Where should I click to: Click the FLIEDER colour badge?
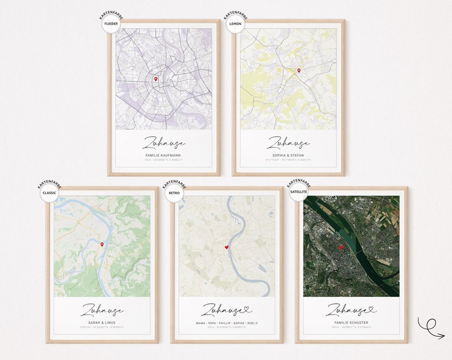[x=111, y=24]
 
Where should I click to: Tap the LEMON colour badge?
[x=235, y=24]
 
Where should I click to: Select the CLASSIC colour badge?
[x=50, y=192]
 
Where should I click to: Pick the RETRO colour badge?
[x=174, y=192]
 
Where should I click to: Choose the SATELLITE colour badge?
[x=298, y=192]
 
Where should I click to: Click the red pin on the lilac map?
[x=155, y=79]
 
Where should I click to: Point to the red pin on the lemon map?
[x=298, y=71]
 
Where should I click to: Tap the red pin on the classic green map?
[x=102, y=244]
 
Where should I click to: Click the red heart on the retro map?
[x=227, y=247]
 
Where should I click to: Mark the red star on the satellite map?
[x=341, y=248]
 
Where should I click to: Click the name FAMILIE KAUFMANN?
[x=163, y=155]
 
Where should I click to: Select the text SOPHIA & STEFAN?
[x=288, y=155]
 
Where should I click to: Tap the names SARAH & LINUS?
[x=102, y=322]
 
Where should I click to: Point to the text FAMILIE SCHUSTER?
[x=351, y=322]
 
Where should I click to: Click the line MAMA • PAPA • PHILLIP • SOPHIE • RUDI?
[x=227, y=322]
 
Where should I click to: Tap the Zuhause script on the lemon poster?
[x=288, y=142]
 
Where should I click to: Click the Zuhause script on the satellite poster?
[x=348, y=310]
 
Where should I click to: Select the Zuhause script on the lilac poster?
[x=163, y=142]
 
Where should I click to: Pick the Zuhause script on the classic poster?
[x=102, y=310]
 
